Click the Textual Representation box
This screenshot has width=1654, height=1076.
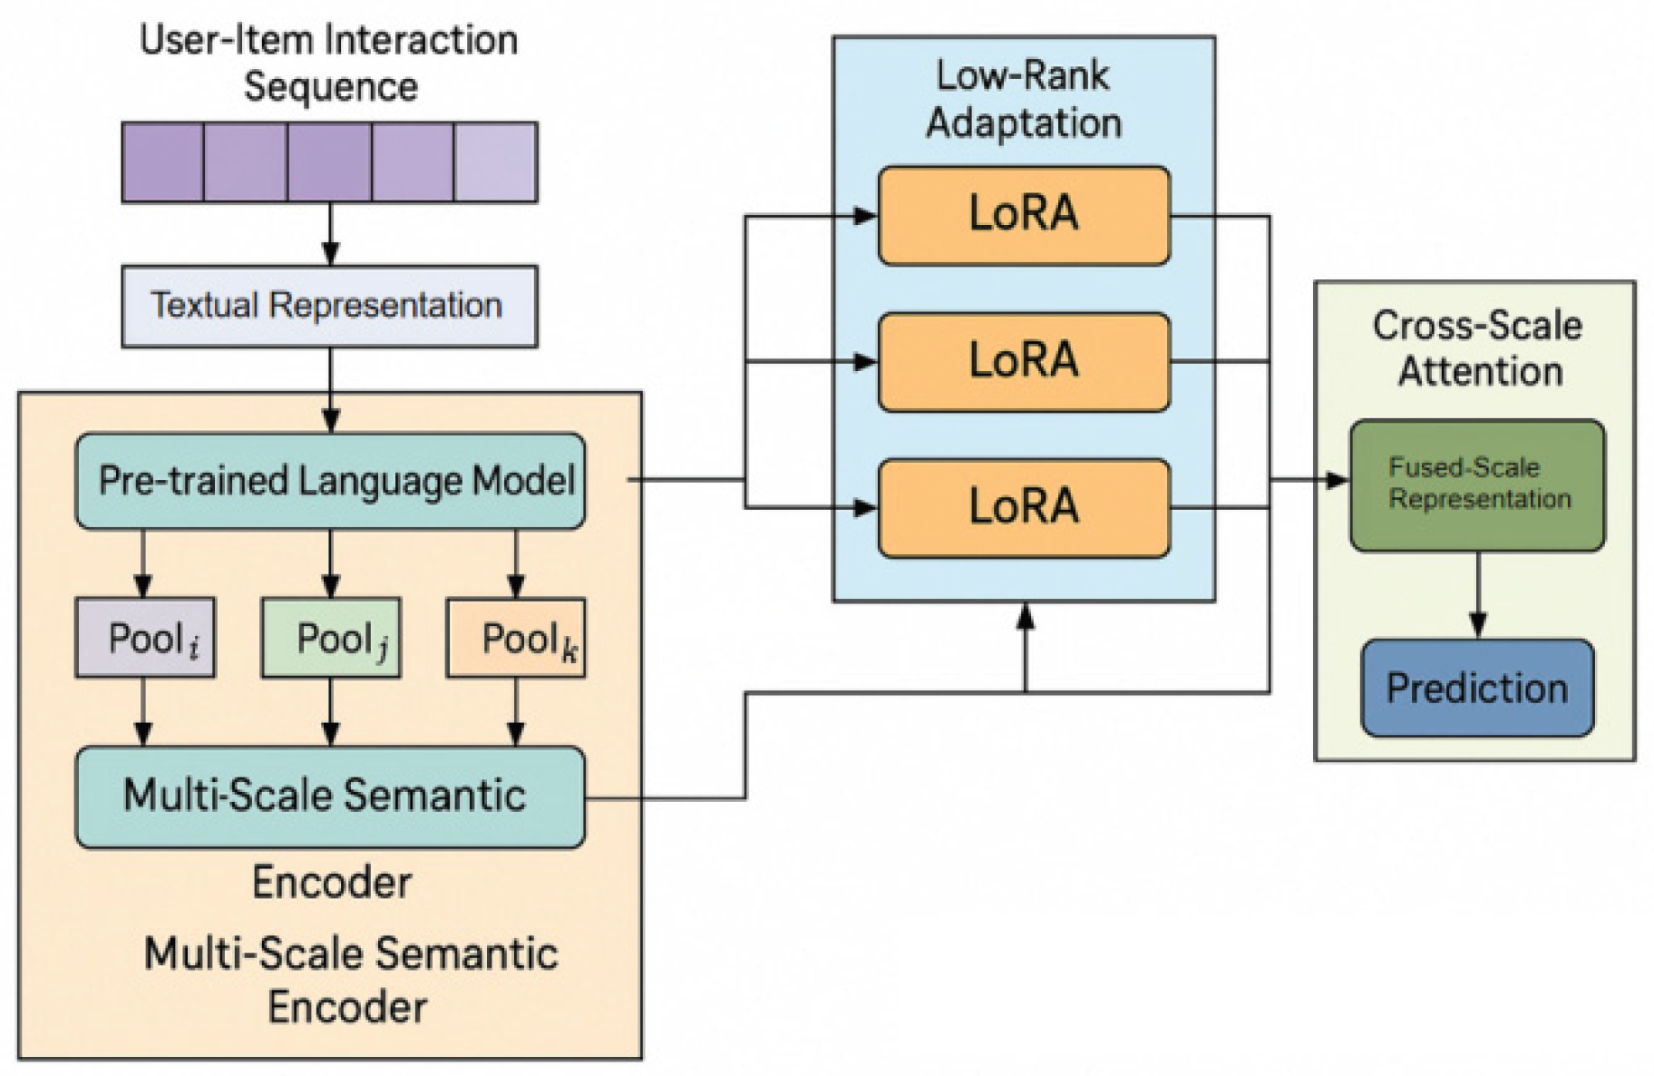(x=329, y=306)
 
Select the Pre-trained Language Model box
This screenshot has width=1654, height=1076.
(x=330, y=481)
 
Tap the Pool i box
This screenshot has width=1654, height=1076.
(x=145, y=638)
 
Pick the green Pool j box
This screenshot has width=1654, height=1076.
(x=331, y=638)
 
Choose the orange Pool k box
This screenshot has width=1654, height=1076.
(x=516, y=638)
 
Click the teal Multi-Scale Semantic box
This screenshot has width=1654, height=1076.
(x=330, y=797)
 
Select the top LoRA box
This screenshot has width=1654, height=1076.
(x=1024, y=215)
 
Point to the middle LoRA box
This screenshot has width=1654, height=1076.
(x=1024, y=361)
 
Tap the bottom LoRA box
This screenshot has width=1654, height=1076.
(x=1024, y=507)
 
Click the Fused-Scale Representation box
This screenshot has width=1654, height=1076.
(x=1477, y=484)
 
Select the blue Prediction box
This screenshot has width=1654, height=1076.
(x=1477, y=688)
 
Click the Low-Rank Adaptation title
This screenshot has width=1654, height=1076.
(x=1023, y=99)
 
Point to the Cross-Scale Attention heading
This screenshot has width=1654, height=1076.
(x=1477, y=348)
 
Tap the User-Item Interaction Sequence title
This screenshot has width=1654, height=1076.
(x=329, y=64)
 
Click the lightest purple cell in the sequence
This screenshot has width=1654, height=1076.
(x=495, y=162)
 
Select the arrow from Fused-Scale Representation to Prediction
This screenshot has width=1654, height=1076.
(x=1478, y=594)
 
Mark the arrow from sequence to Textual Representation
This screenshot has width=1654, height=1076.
(x=330, y=233)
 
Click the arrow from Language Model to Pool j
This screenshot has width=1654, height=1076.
(x=331, y=562)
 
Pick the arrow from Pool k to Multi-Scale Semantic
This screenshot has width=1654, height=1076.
(x=516, y=711)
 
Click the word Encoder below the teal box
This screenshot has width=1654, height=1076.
(x=331, y=882)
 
